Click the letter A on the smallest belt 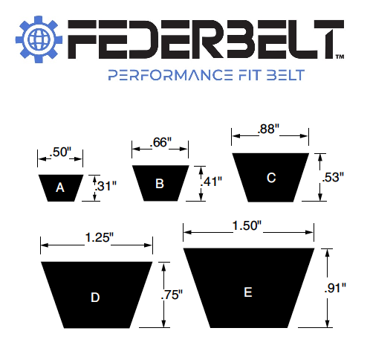(x=60, y=188)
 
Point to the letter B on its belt (x=160, y=183)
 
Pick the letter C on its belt (x=271, y=178)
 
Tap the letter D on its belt (x=95, y=297)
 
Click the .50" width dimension (x=59, y=152)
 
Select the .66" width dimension (x=160, y=142)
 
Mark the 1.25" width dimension (x=98, y=237)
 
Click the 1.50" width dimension (x=247, y=225)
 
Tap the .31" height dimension (x=107, y=186)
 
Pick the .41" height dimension (x=212, y=181)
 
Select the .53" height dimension (x=332, y=177)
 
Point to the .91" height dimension (x=338, y=289)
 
